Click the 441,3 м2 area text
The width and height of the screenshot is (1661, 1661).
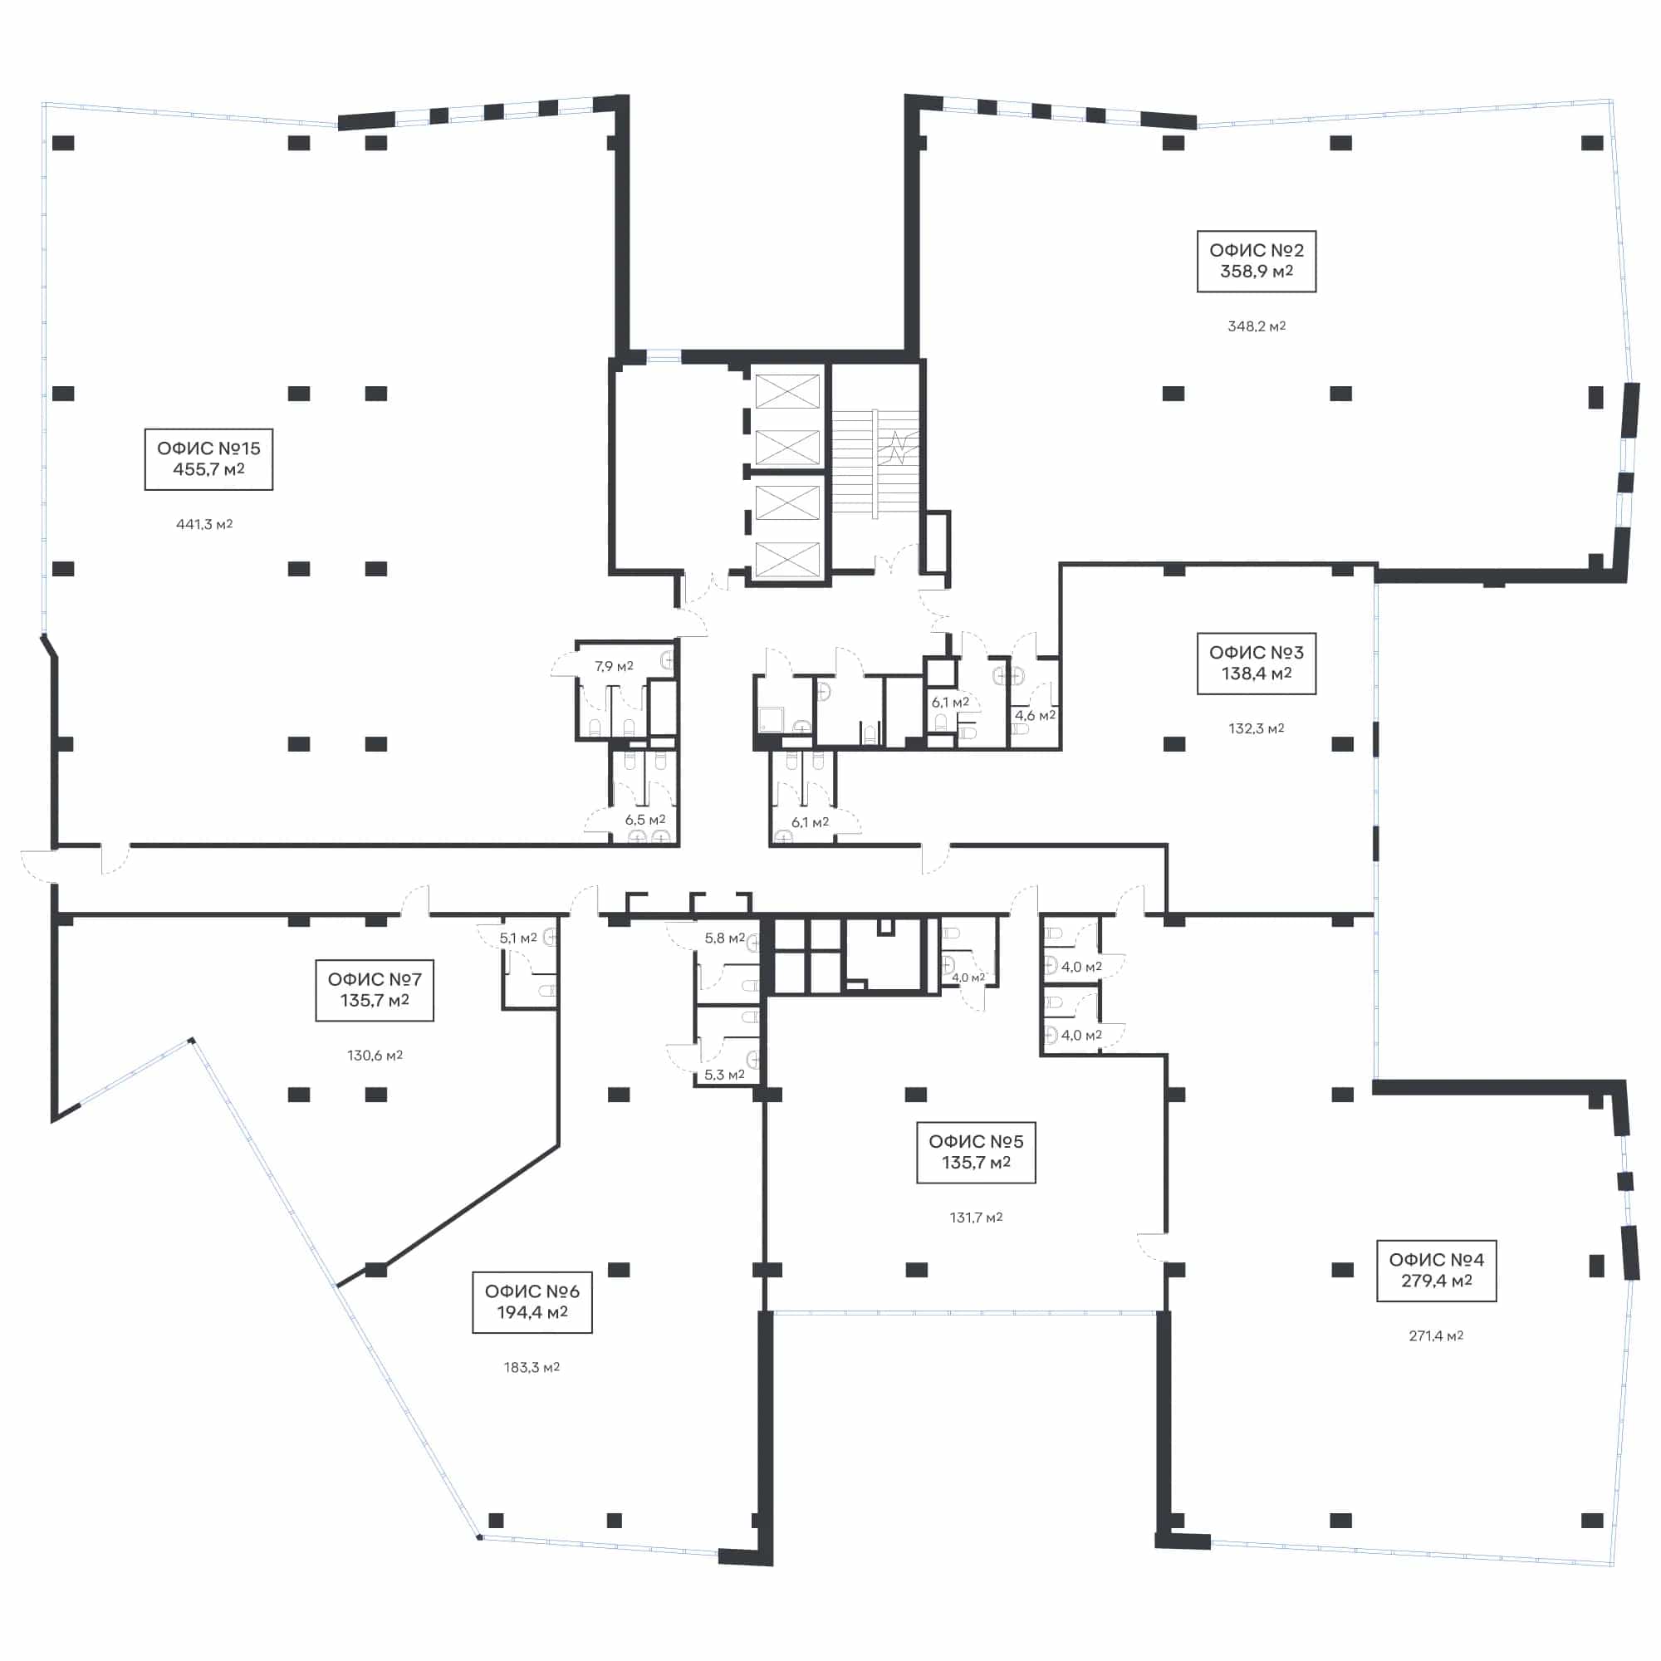(x=204, y=523)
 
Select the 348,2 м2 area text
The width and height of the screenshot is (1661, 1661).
(x=1256, y=326)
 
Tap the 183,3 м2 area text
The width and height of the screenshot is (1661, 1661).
(x=532, y=1367)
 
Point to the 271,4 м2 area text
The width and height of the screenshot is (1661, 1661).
(x=1436, y=1335)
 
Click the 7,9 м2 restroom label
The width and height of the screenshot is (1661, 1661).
(x=614, y=666)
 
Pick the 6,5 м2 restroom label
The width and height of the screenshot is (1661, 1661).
(x=644, y=820)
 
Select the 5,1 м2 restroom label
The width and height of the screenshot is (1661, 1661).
(x=517, y=938)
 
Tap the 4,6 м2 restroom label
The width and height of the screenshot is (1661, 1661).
(x=1035, y=715)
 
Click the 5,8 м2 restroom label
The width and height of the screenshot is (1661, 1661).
(x=725, y=938)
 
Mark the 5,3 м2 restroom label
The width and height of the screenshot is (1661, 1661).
(x=725, y=1075)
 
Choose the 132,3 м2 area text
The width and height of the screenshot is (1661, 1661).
(x=1256, y=728)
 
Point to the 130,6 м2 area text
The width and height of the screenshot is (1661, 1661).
(x=375, y=1055)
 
